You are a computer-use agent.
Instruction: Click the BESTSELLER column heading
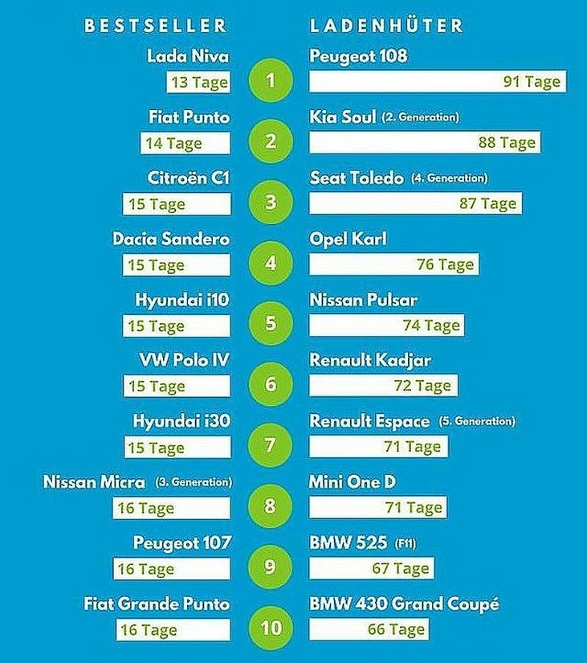[x=155, y=25]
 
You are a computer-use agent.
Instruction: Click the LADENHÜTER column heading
[x=386, y=25]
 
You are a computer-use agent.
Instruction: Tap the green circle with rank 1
[x=271, y=80]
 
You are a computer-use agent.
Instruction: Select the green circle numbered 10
[x=271, y=628]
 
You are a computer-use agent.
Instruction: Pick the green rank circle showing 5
[x=271, y=323]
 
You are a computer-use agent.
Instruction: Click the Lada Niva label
[x=189, y=56]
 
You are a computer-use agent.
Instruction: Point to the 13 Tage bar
[x=198, y=82]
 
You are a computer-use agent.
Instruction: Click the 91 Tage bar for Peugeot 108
[x=436, y=82]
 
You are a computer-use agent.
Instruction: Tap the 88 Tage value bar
[x=423, y=143]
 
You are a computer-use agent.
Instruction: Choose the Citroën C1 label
[x=189, y=178]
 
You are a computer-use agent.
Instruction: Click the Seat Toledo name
[x=357, y=178]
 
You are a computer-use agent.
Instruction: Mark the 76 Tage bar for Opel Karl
[x=393, y=264]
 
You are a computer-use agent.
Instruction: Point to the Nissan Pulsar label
[x=363, y=300]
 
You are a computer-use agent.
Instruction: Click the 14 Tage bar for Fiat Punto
[x=185, y=143]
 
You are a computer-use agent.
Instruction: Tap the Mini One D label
[x=352, y=481]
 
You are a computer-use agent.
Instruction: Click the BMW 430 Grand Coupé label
[x=404, y=604]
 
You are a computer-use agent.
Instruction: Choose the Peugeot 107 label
[x=182, y=542]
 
